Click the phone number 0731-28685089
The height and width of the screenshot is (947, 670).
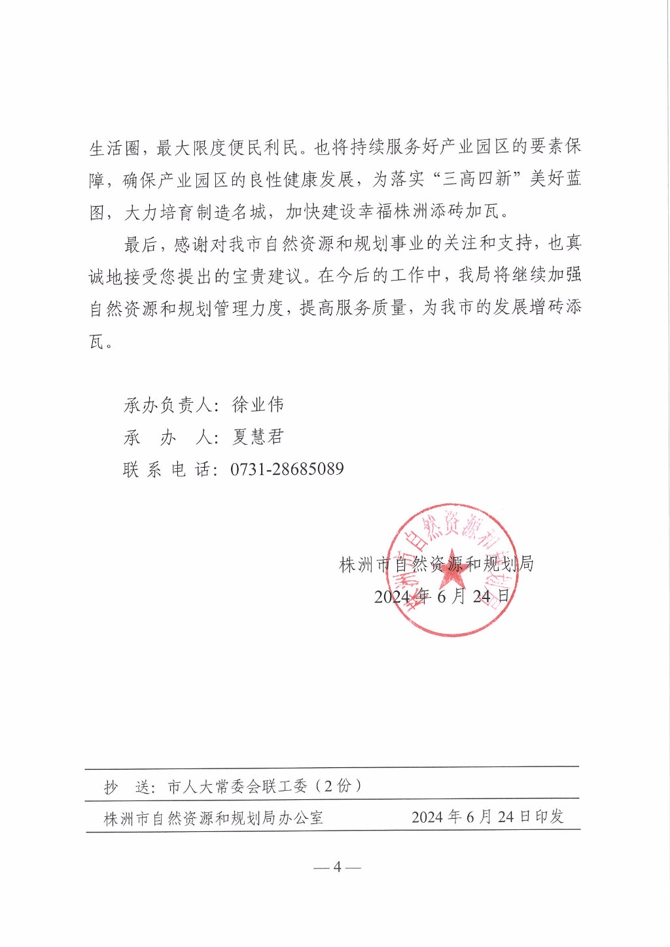pos(287,469)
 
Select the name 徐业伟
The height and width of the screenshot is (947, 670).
pos(258,405)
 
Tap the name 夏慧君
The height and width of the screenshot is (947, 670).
pos(258,437)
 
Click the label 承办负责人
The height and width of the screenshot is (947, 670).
pos(167,405)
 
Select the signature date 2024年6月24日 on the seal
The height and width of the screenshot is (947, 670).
pos(442,596)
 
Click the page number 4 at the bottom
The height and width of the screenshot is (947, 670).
pos(337,867)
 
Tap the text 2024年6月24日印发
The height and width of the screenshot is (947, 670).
pos(487,817)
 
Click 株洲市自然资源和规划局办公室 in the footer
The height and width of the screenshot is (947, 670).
pos(213,818)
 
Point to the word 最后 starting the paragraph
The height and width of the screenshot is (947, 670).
pos(141,245)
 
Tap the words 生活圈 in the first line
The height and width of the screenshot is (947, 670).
pos(115,148)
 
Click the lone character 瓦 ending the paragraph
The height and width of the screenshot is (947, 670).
pos(97,341)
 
